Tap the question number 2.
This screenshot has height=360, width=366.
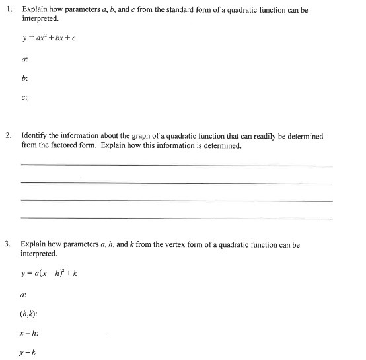pyautogui.click(x=8, y=136)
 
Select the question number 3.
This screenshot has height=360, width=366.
pyautogui.click(x=8, y=244)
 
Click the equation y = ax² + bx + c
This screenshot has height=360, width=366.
pyautogui.click(x=49, y=37)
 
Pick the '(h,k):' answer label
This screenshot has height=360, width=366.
pyautogui.click(x=30, y=314)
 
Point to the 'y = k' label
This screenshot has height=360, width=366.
pyautogui.click(x=28, y=351)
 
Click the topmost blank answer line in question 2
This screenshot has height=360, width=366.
pyautogui.click(x=176, y=166)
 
